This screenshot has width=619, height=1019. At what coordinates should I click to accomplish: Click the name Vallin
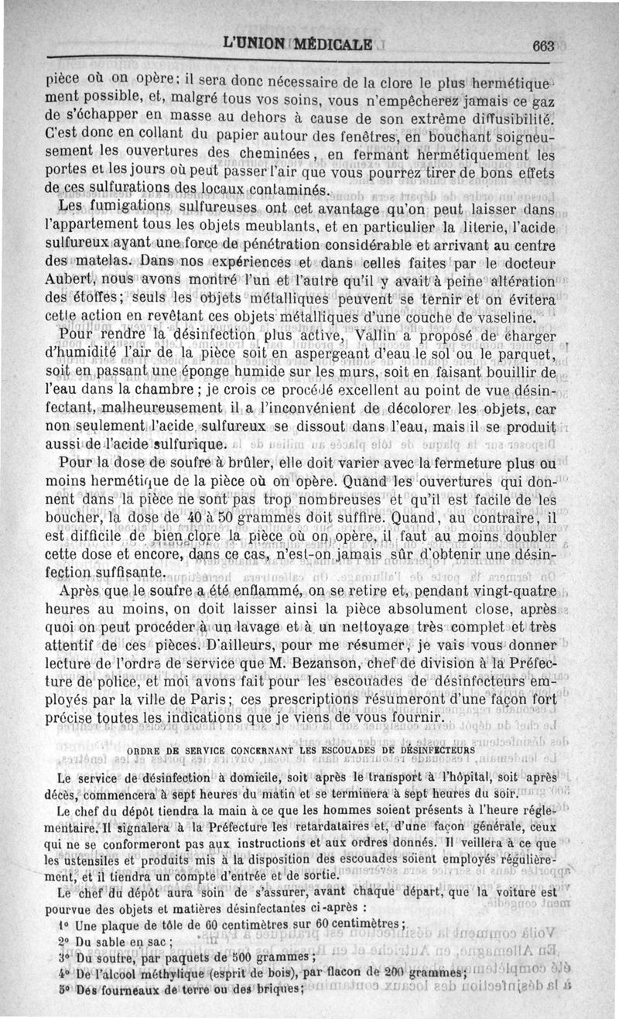(377, 336)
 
